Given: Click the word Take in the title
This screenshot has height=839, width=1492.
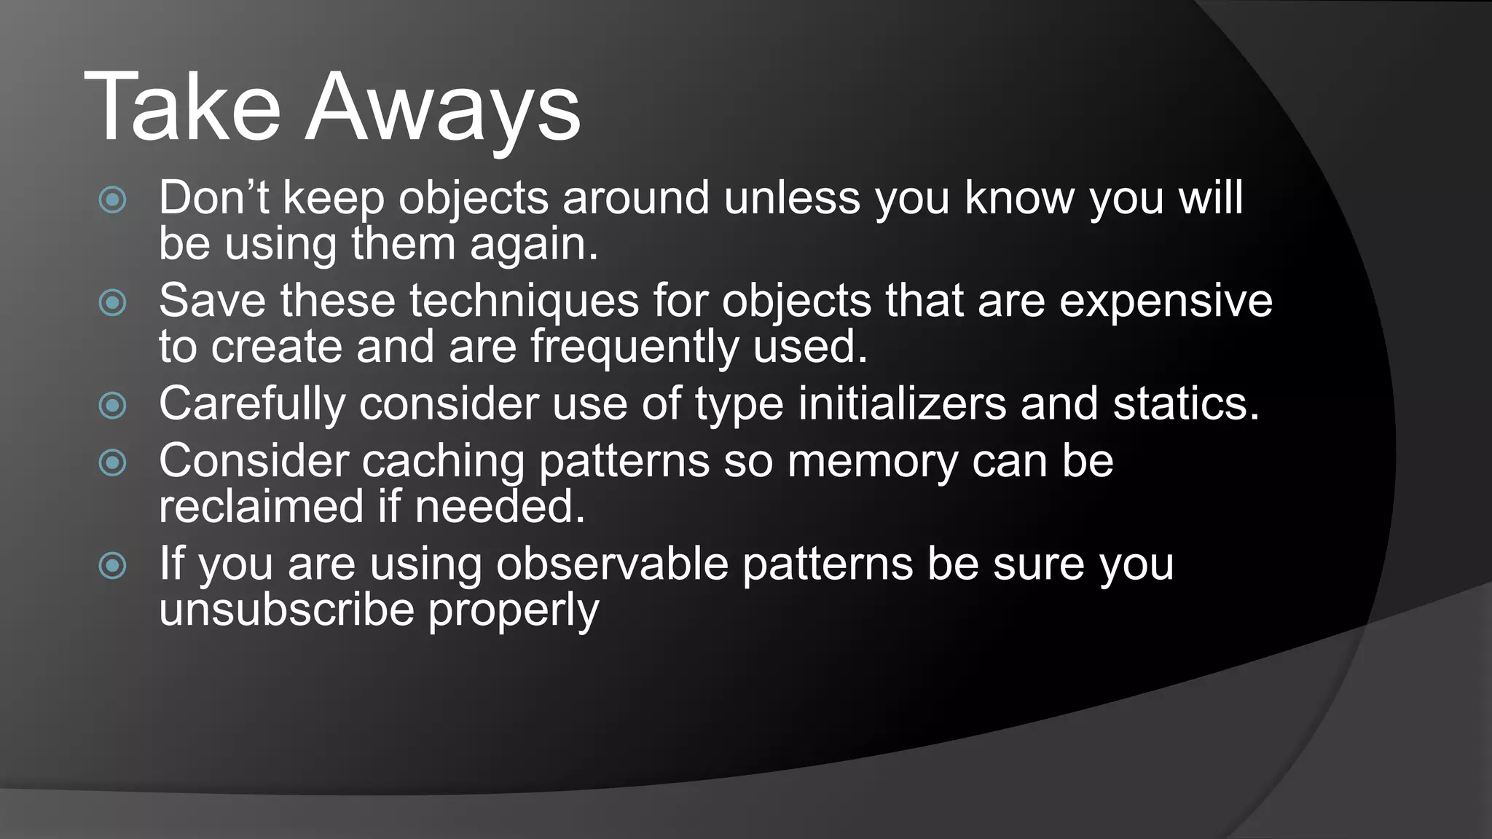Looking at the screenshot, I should (x=182, y=107).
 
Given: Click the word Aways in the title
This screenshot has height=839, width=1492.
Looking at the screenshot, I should (x=443, y=109).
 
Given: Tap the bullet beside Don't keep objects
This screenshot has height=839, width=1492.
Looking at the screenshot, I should (x=113, y=200).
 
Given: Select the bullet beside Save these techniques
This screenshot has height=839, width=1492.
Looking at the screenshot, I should (x=113, y=302).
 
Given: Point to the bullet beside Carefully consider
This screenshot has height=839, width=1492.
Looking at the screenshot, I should (x=113, y=405).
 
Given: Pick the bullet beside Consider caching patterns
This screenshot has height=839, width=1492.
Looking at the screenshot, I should (x=113, y=462).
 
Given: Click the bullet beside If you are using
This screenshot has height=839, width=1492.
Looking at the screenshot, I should (x=113, y=565).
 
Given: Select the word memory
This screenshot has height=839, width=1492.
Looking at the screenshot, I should (x=872, y=462).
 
